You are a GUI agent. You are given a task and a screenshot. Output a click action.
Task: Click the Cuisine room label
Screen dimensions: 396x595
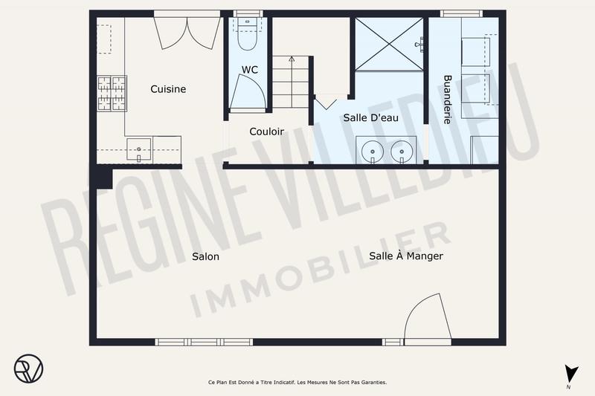coord(168,89)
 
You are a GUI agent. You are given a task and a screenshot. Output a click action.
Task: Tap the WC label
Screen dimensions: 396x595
coord(250,70)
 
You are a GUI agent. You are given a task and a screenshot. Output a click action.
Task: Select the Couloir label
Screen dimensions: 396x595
coord(266,132)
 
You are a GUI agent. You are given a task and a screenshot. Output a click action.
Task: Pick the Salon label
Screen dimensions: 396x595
coord(205,256)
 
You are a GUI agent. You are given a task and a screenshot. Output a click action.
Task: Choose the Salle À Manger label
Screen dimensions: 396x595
coord(406,256)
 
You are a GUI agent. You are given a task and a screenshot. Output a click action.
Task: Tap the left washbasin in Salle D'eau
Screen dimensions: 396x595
coord(371,151)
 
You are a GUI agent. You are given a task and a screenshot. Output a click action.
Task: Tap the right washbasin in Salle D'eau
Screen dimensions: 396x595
coord(402,151)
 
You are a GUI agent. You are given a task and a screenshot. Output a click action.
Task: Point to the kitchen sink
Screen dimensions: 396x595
coord(139,148)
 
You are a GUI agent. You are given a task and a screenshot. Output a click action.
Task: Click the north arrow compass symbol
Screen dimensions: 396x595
coord(570,376)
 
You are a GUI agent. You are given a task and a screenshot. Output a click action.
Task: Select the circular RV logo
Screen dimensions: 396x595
coord(28,368)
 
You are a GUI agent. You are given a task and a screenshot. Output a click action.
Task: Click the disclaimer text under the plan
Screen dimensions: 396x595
coord(297,383)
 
